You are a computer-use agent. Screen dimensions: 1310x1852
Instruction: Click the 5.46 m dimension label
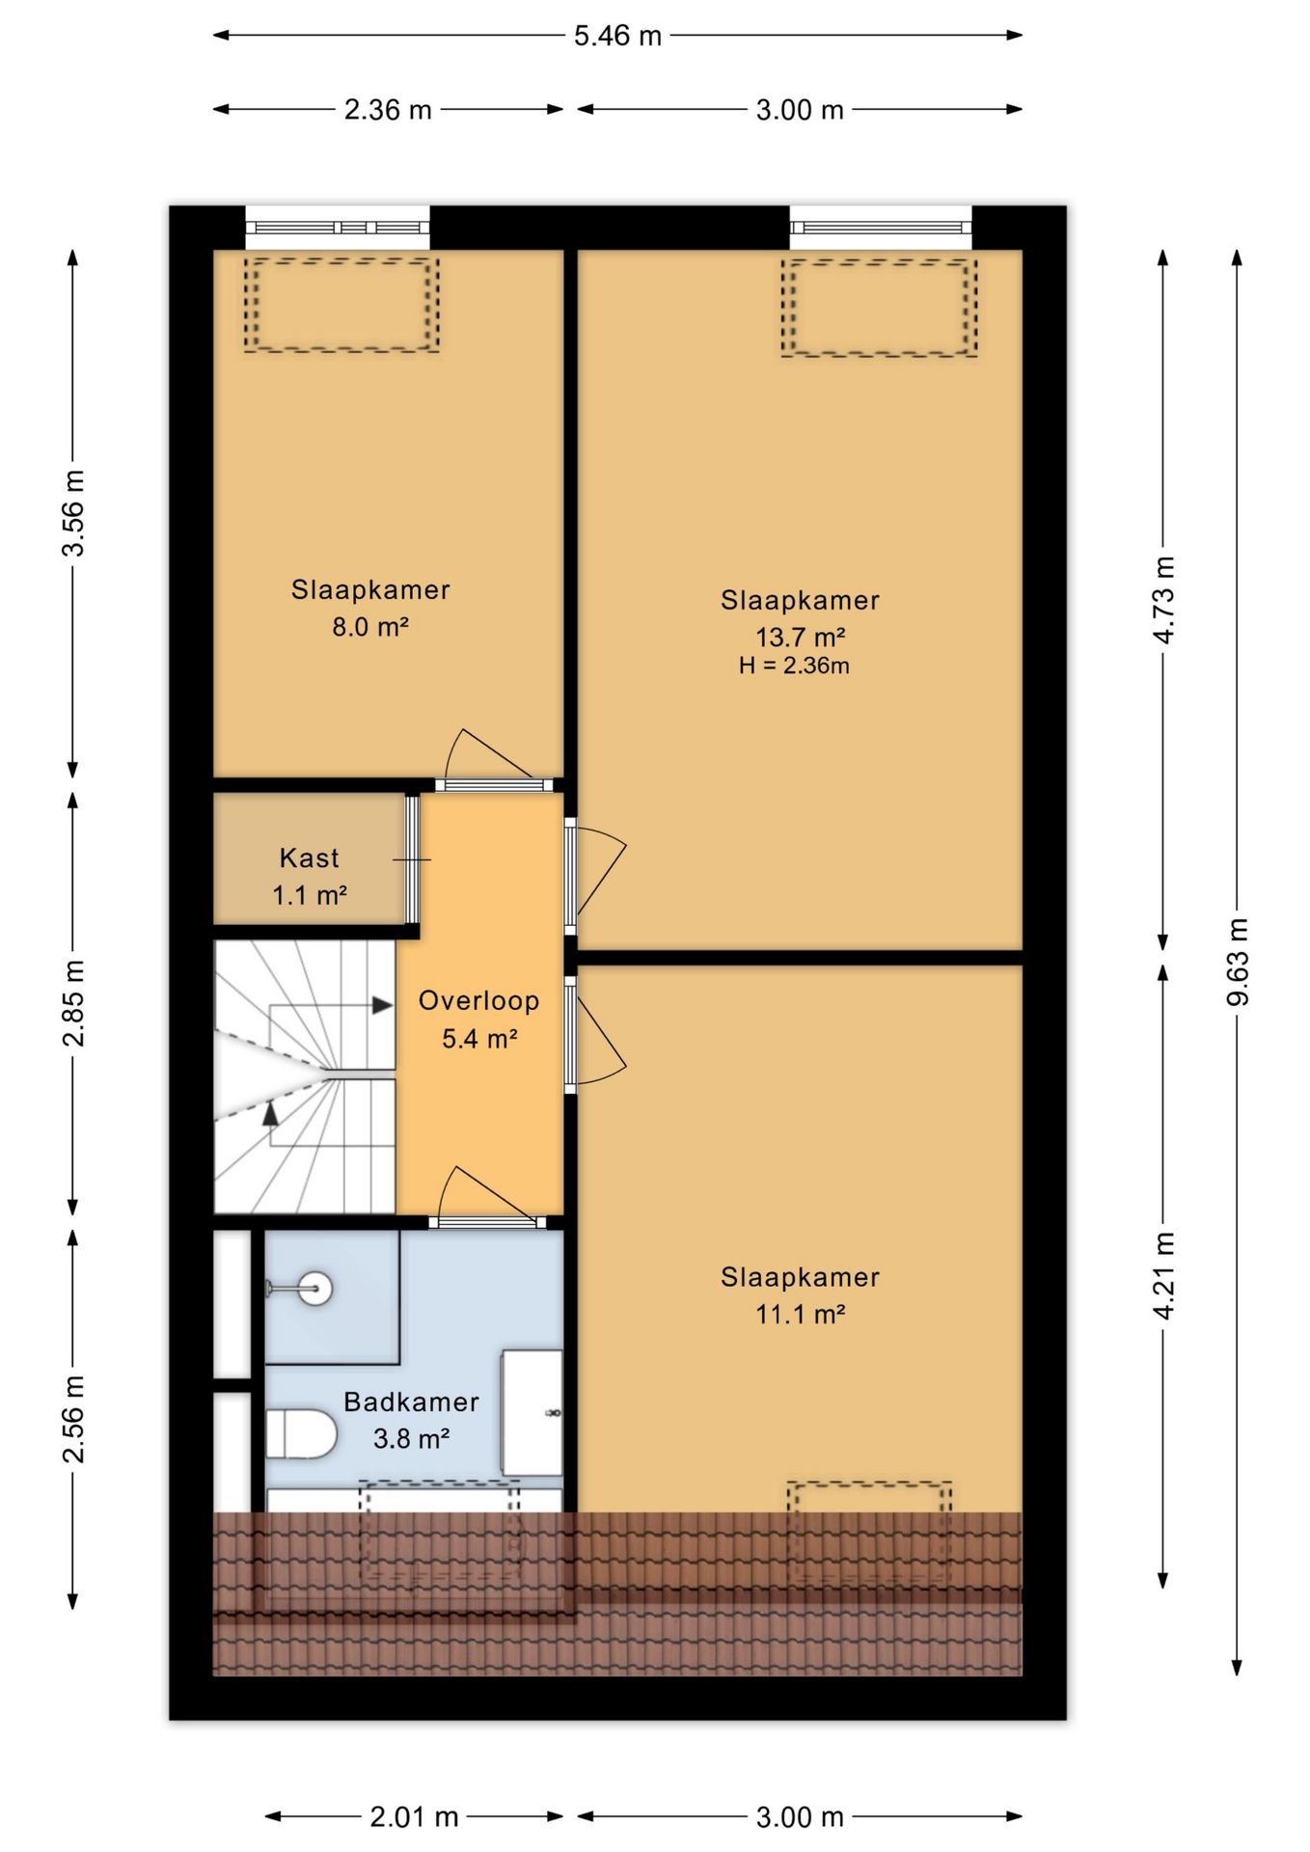(x=617, y=36)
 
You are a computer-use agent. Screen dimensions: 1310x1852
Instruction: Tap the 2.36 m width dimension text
(x=388, y=110)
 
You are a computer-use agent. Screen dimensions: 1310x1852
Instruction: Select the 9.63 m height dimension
(x=1238, y=962)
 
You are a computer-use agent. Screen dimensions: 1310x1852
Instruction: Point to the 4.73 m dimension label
(x=1164, y=600)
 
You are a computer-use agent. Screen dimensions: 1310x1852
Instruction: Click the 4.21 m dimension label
(x=1164, y=1276)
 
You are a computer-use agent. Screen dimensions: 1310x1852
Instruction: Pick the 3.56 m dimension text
(x=73, y=513)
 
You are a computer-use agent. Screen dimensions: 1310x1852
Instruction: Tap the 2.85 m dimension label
(x=73, y=1003)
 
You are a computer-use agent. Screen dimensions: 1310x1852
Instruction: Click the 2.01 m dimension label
(x=414, y=1817)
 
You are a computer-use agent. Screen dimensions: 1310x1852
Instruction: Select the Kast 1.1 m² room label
(x=310, y=877)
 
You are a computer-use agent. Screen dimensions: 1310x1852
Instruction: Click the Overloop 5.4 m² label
(x=479, y=1020)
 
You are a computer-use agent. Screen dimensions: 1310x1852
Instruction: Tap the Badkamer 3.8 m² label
(x=412, y=1420)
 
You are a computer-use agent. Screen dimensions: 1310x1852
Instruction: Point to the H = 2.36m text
(x=794, y=666)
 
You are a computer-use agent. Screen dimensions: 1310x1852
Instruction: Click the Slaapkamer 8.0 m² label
(x=370, y=608)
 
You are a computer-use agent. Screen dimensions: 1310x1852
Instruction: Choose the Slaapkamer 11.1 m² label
(x=801, y=1295)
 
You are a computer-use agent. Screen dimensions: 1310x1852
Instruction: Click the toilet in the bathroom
(x=300, y=1433)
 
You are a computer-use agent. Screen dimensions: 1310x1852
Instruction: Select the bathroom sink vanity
(x=532, y=1413)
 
